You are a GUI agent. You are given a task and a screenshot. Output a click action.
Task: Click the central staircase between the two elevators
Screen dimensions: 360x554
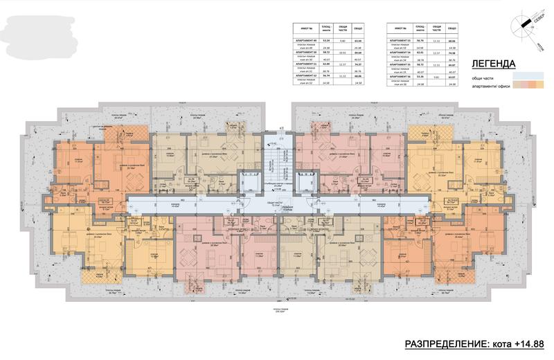click(x=277, y=160)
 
